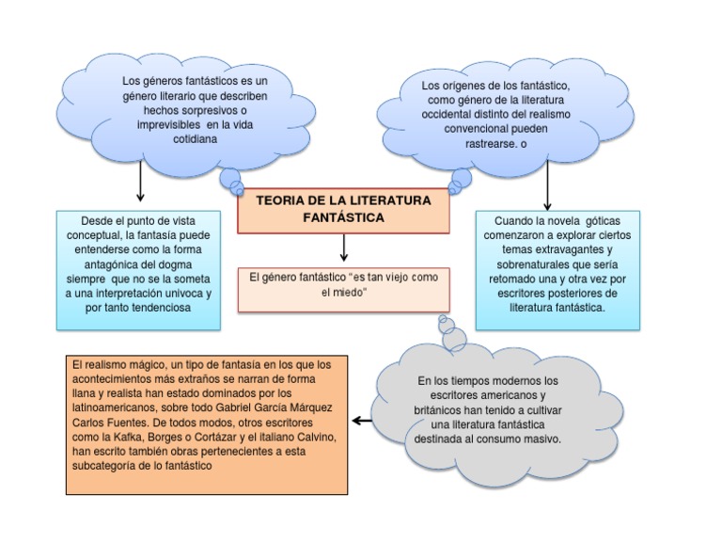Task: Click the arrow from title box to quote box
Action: pos(344,247)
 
